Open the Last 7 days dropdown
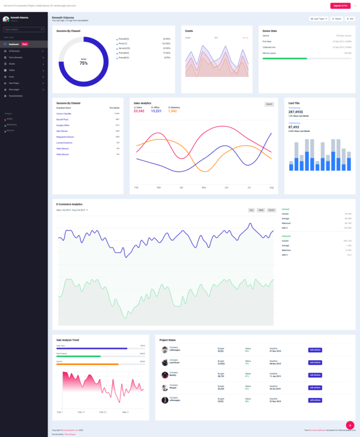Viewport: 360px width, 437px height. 318,19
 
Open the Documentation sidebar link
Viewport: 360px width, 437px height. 16,95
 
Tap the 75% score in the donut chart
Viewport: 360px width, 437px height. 83,62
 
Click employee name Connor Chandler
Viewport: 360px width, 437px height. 64,113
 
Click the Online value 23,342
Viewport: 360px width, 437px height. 139,111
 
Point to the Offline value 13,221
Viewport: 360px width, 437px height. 156,111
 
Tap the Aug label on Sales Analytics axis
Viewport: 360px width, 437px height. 271,188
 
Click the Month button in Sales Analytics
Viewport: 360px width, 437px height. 269,104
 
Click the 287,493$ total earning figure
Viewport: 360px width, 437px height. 296,112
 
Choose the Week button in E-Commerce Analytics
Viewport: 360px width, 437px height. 261,210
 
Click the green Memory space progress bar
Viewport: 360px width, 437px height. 285,59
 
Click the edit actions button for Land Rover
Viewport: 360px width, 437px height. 315,363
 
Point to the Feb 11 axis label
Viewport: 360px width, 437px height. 80,412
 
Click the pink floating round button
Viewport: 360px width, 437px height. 350,425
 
